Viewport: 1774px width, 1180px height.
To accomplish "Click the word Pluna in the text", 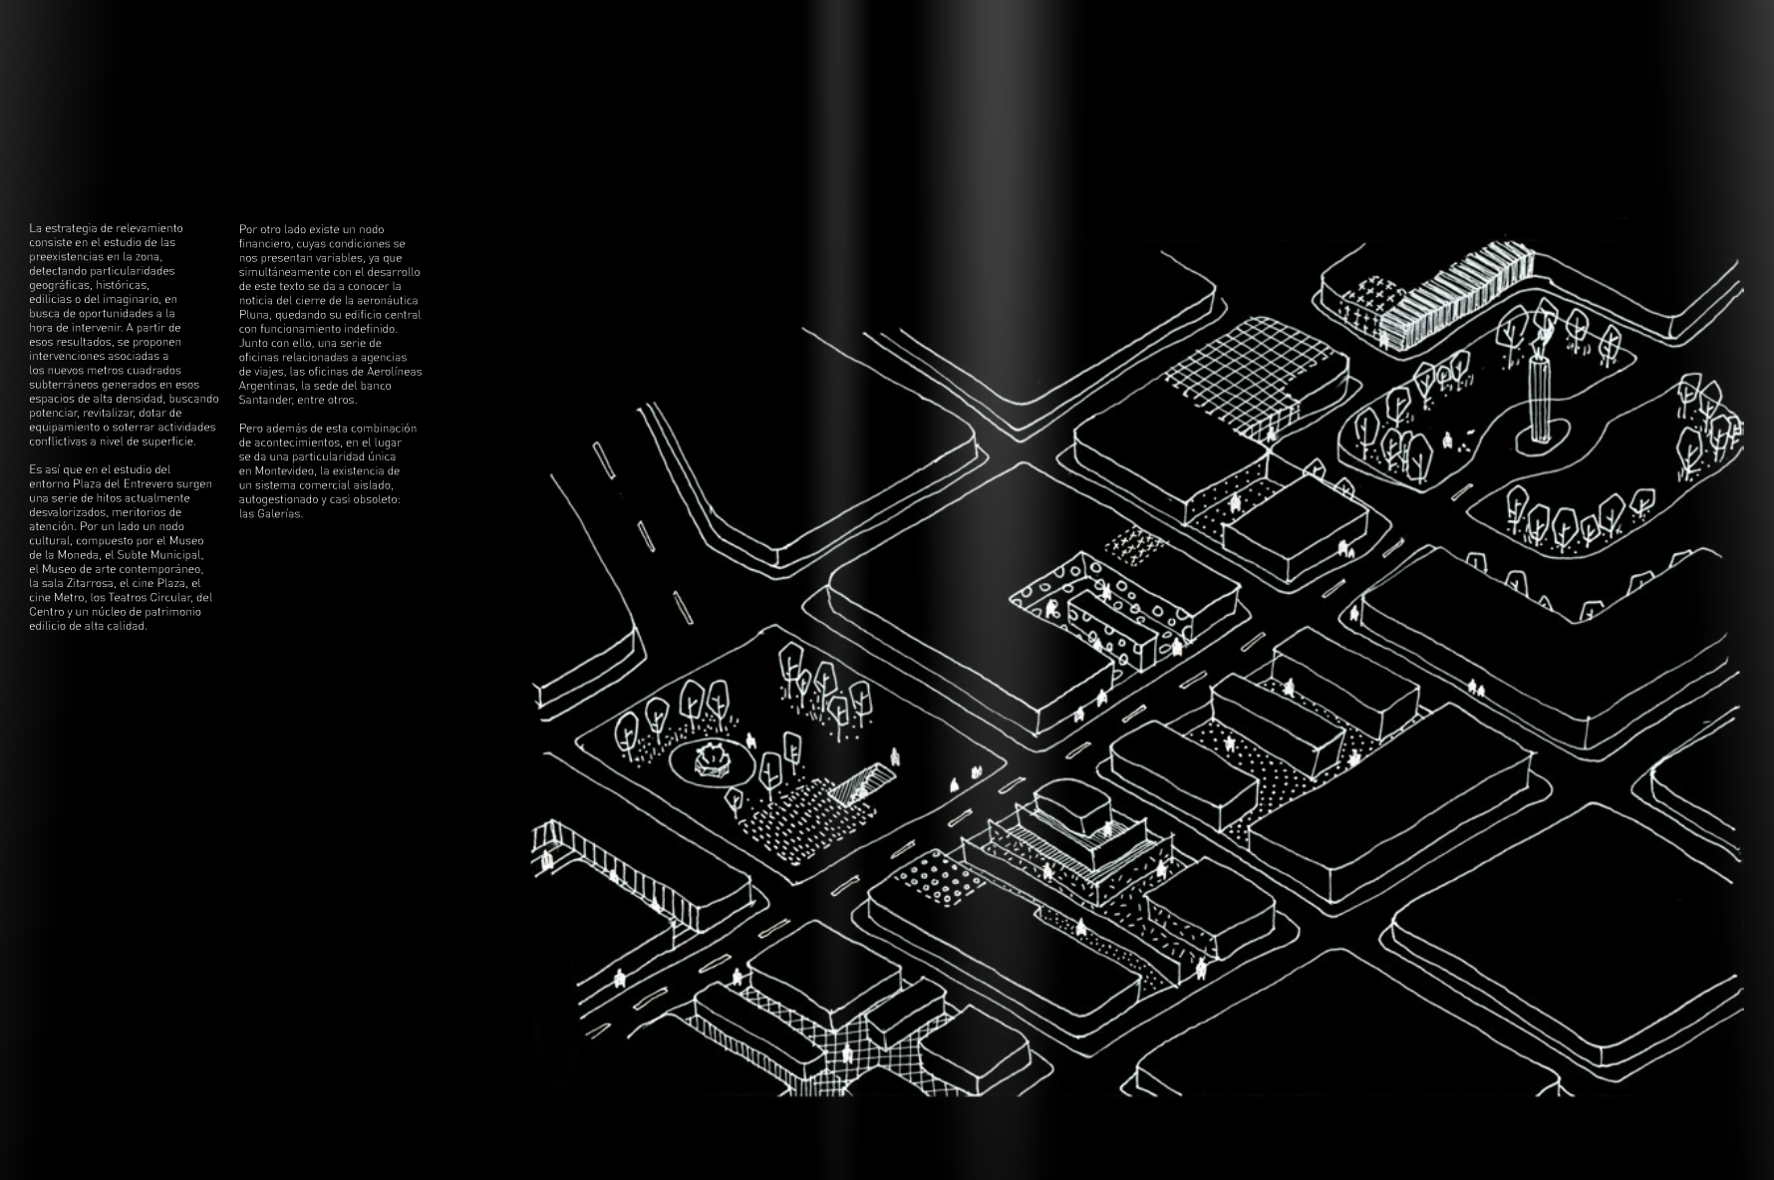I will (254, 315).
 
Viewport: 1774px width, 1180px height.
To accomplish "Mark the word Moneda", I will (77, 555).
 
